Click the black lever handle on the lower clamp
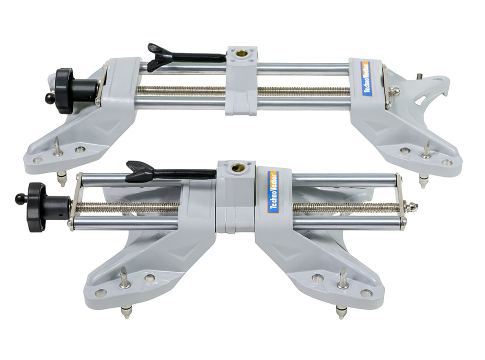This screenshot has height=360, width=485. (170, 172)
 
